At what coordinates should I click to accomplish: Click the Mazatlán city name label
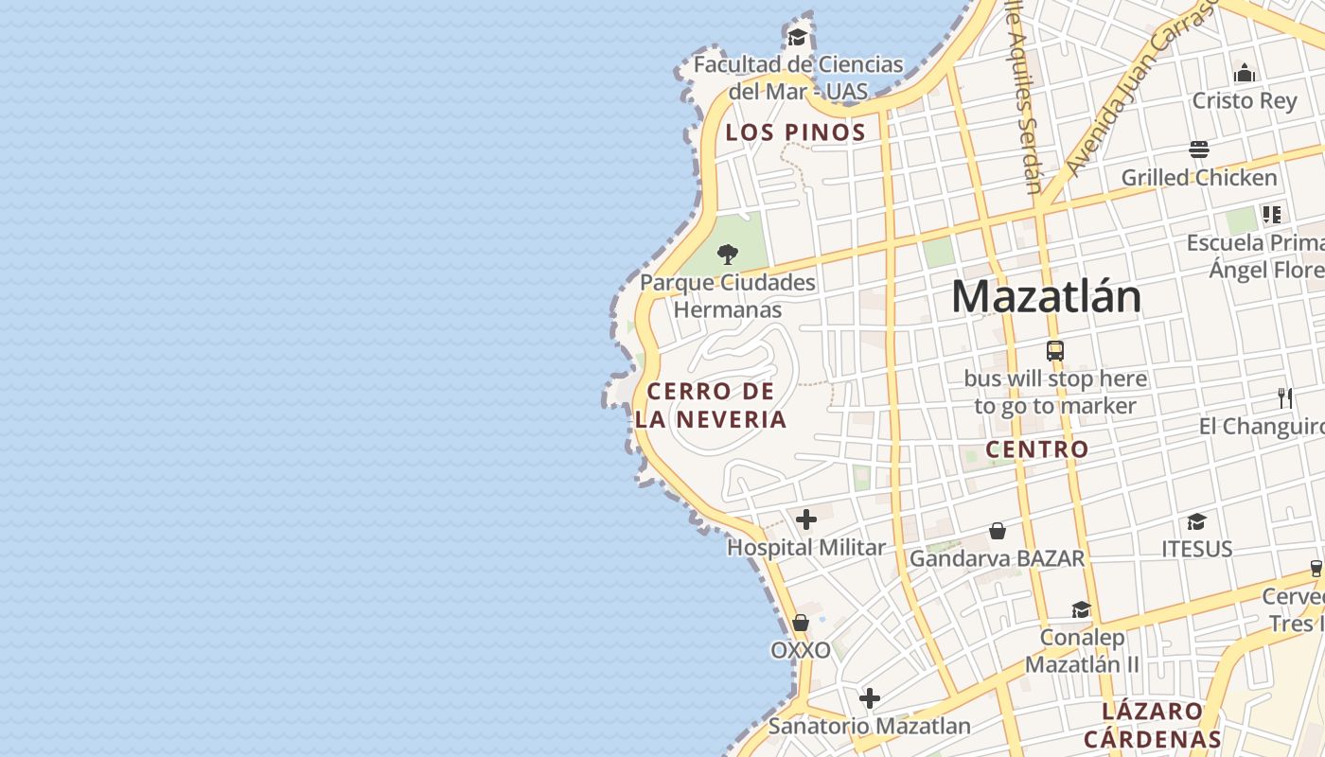pos(1046,297)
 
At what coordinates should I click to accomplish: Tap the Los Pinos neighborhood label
pos(795,132)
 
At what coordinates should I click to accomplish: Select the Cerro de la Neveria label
pos(711,405)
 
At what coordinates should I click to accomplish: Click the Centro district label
pos(1037,449)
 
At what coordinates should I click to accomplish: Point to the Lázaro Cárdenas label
pos(1153,725)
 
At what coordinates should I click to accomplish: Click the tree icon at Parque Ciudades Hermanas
pos(728,254)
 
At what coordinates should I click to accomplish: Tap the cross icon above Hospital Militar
pos(806,519)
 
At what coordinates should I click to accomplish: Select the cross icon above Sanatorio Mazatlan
pos(870,699)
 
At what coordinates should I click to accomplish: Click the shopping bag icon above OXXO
pos(801,623)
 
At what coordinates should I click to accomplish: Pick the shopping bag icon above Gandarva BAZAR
pos(997,531)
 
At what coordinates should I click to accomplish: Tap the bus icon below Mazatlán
pos(1055,351)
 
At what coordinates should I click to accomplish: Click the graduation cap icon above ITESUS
pos(1197,521)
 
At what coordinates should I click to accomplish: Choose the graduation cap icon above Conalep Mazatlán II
pos(1081,609)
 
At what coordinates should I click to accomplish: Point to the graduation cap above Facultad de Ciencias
pos(798,37)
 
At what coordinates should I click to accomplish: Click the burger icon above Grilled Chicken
pos(1199,150)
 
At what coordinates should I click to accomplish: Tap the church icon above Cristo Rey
pos(1245,73)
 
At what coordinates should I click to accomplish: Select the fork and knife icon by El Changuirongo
pos(1285,398)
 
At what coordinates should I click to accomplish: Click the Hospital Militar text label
pos(806,548)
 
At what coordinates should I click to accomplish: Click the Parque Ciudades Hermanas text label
pos(728,296)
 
